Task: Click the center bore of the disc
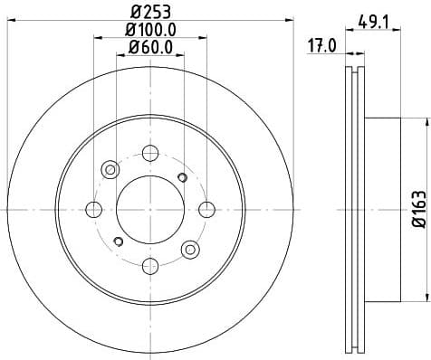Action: [x=150, y=209]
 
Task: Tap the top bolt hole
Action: [x=150, y=152]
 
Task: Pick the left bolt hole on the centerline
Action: [x=93, y=209]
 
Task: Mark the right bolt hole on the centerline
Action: [x=206, y=209]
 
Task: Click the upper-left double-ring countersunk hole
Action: [x=110, y=168]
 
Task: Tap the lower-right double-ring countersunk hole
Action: [x=190, y=249]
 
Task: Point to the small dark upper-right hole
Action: [x=182, y=176]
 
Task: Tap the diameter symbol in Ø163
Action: [x=419, y=226]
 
